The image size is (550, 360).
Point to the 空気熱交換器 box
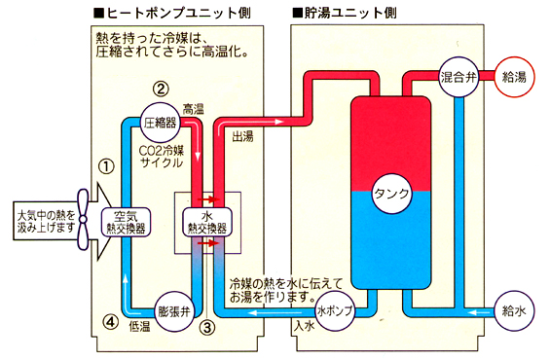click(x=126, y=221)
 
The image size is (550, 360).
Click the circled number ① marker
click(x=106, y=166)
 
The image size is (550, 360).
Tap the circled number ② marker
click(x=162, y=89)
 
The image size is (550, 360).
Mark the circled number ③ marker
click(x=207, y=328)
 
